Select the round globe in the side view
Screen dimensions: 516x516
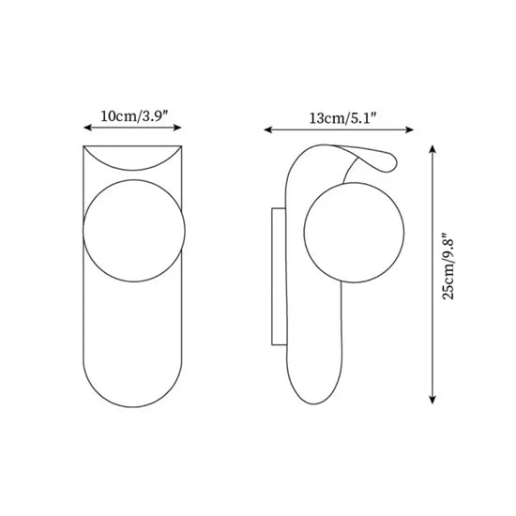(x=355, y=232)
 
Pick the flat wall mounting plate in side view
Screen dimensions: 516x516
(x=275, y=277)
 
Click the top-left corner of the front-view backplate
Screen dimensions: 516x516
(x=83, y=147)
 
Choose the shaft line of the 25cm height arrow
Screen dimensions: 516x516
(x=432, y=310)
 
